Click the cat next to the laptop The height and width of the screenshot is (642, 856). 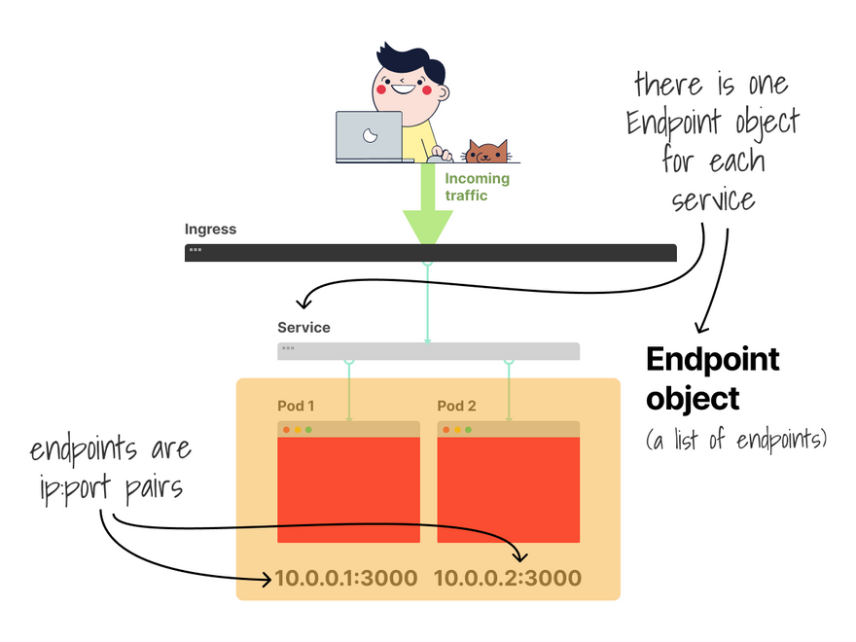point(486,152)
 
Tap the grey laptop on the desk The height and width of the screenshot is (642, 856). point(369,136)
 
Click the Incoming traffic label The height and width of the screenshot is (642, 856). point(477,187)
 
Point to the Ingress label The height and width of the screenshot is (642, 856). point(210,230)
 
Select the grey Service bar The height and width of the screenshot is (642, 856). point(428,351)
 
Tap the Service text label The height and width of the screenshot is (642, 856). point(303,328)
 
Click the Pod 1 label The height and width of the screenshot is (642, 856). point(296,406)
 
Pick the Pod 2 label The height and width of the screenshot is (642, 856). point(456,406)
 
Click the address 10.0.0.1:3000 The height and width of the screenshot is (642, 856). point(345,578)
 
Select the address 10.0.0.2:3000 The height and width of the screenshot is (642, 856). point(507,578)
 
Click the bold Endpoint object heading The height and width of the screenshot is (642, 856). point(713,378)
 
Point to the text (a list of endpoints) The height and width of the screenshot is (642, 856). point(736,440)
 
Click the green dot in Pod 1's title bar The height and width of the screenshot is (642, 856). point(308,429)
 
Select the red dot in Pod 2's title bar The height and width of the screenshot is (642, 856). point(446,429)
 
